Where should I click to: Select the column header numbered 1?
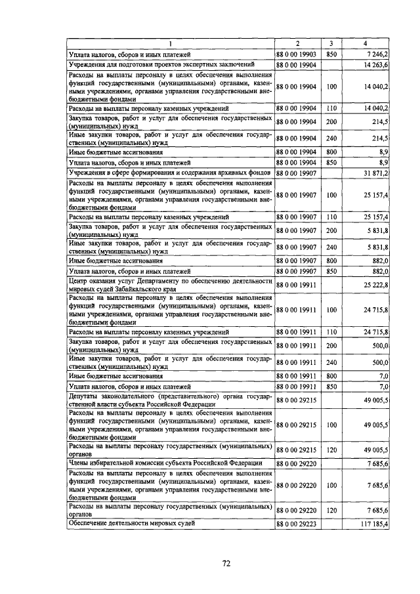tap(170, 45)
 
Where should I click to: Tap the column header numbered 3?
tap(331, 45)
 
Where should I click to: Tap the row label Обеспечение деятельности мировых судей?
tap(132, 524)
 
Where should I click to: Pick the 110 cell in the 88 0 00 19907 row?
tap(331, 216)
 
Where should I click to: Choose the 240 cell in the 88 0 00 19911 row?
tap(331, 362)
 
